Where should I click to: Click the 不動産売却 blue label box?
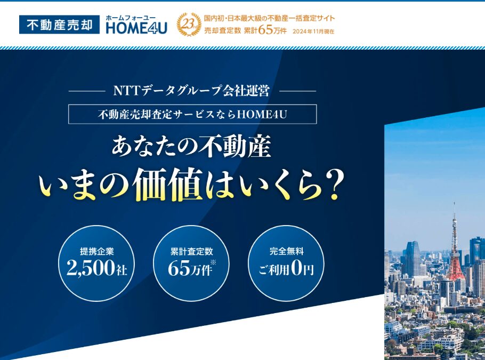[x=59, y=25]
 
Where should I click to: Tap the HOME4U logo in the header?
[x=136, y=25]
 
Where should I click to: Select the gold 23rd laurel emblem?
[x=189, y=25]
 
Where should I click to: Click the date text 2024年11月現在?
[x=313, y=31]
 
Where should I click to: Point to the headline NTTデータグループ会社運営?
[x=192, y=91]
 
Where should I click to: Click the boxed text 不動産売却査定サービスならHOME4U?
[x=192, y=114]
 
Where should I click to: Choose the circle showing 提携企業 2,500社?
[x=96, y=263]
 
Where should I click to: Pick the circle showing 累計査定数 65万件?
[x=191, y=263]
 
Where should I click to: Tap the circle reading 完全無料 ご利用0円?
[x=286, y=263]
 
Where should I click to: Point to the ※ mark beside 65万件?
[x=213, y=262]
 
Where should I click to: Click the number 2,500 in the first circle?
[x=90, y=268]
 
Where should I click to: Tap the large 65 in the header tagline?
[x=266, y=30]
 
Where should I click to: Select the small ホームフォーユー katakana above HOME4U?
[x=131, y=18]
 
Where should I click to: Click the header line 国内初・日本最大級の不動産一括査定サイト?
[x=269, y=18]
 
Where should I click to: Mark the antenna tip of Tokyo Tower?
[x=454, y=203]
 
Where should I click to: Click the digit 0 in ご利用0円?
[x=296, y=268]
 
